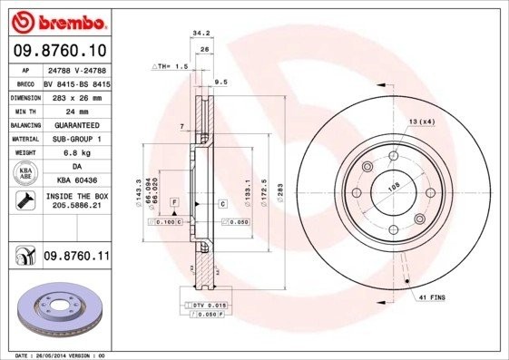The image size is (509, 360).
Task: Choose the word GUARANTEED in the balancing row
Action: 77,124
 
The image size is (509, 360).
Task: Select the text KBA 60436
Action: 75,180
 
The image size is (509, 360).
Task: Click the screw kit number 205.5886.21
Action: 76,205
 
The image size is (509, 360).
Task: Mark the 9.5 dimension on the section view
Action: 220,81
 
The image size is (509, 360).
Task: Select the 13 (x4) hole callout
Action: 421,122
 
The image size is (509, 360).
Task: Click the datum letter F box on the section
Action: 173,200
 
